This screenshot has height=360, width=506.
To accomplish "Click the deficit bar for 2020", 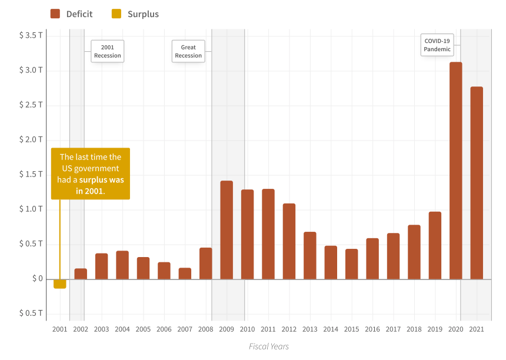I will (455, 171).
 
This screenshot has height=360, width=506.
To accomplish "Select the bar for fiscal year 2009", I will (227, 230).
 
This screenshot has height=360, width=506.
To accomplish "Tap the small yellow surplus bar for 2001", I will (59, 284).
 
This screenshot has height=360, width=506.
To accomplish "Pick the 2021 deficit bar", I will (477, 183).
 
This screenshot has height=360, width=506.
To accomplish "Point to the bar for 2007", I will (185, 274).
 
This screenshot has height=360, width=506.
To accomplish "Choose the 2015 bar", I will (351, 264).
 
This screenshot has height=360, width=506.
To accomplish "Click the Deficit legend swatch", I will (55, 14).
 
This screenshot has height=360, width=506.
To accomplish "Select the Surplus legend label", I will (143, 14).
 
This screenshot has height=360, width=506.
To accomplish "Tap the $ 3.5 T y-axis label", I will (31, 35).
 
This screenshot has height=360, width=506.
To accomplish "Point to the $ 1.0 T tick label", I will (31, 209).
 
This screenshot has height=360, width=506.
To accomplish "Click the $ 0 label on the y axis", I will (37, 279).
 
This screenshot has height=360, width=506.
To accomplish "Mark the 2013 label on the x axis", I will (310, 329).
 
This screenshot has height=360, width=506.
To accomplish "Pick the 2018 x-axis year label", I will (414, 329).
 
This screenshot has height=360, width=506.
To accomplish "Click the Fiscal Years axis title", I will (269, 346).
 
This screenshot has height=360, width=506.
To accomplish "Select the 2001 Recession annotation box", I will (107, 51).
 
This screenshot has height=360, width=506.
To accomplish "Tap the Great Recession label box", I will (188, 51).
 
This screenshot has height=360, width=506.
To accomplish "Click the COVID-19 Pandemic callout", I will (437, 45).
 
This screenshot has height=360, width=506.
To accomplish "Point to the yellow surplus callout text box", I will (91, 174).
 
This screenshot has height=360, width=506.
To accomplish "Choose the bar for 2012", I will (289, 241).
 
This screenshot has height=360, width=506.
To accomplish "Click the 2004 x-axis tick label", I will (122, 329).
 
